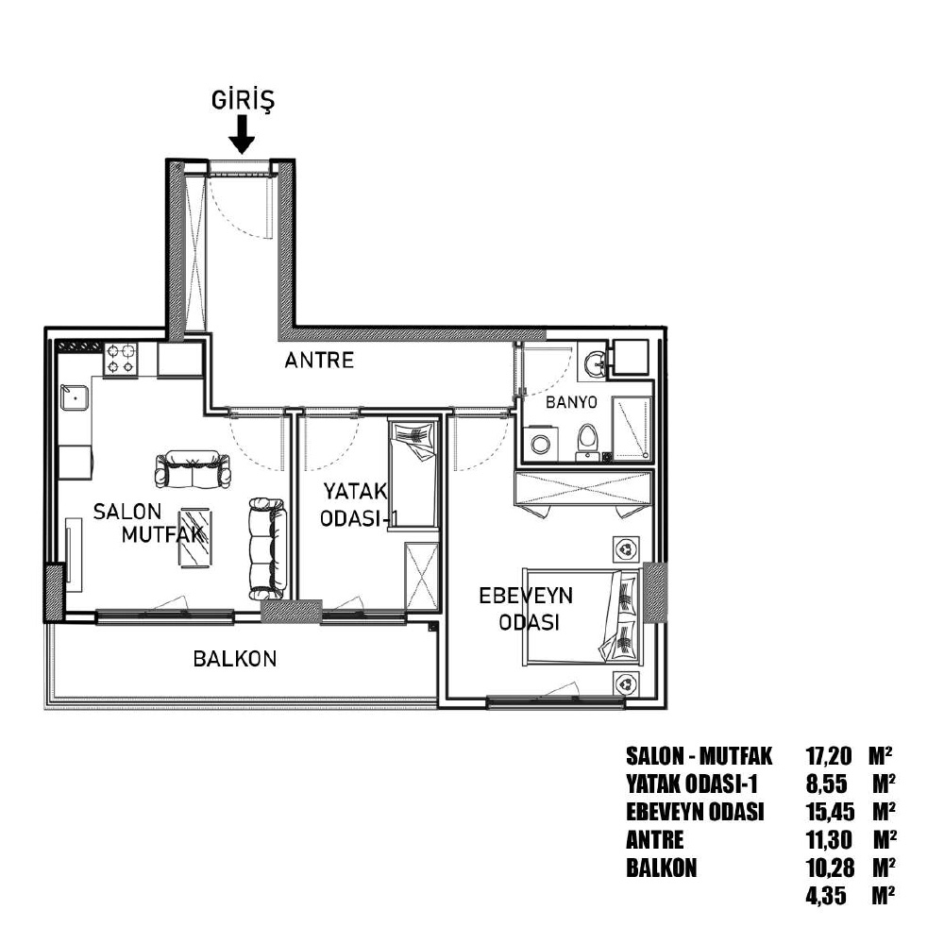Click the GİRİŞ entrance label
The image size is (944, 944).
(x=243, y=101)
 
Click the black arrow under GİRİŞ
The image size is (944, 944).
(x=242, y=134)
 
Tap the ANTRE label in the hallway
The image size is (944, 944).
(x=319, y=361)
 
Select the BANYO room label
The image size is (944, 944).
(x=571, y=402)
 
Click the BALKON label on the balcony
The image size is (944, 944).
(x=235, y=659)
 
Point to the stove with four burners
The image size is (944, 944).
(x=121, y=359)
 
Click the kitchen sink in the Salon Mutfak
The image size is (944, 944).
(x=74, y=397)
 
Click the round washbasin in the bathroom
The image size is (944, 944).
(x=596, y=363)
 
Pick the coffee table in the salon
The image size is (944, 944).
(x=195, y=538)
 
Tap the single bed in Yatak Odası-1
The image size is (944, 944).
(x=413, y=475)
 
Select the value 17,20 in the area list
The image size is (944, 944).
(x=829, y=755)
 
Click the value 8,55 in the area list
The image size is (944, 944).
(x=826, y=784)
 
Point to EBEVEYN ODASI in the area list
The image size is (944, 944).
(x=695, y=812)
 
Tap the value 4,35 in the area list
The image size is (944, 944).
(x=826, y=895)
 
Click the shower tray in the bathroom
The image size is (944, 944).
(x=632, y=428)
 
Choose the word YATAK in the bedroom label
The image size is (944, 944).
(x=355, y=491)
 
